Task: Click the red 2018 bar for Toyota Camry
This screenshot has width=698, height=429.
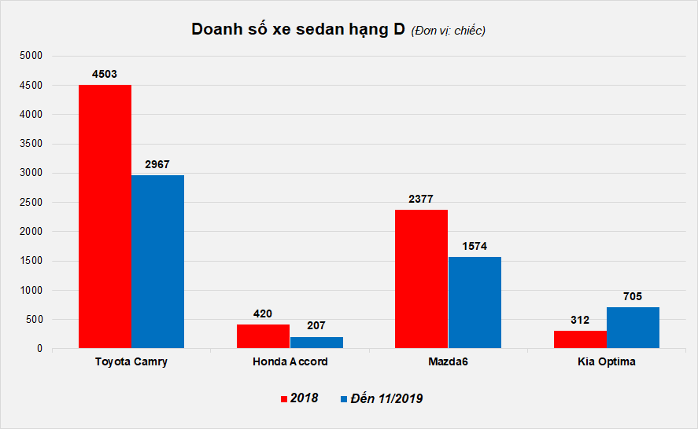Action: (x=105, y=216)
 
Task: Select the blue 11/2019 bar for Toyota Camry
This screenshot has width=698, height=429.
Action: (x=157, y=262)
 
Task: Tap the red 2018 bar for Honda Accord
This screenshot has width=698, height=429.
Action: (x=263, y=336)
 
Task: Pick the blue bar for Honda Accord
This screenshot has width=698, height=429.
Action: (x=316, y=343)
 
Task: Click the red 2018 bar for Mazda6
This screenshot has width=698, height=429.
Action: (x=421, y=279)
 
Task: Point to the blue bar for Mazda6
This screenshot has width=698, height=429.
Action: (x=475, y=302)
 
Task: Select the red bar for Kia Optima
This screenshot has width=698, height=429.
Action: (x=580, y=339)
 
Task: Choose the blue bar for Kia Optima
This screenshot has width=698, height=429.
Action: (x=633, y=328)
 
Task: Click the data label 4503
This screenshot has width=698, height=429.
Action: (x=104, y=74)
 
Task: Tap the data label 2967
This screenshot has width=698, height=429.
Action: (x=157, y=164)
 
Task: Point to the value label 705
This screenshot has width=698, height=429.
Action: (x=633, y=296)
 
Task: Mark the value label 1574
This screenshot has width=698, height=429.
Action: (x=474, y=246)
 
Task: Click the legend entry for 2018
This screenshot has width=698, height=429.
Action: (x=300, y=398)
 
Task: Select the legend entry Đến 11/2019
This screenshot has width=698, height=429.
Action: (x=382, y=398)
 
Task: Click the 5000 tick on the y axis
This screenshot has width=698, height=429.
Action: (x=31, y=56)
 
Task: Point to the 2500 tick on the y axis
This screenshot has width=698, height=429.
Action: (x=31, y=202)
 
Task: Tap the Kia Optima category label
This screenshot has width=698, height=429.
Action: (x=606, y=362)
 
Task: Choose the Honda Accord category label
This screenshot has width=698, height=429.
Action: (x=290, y=362)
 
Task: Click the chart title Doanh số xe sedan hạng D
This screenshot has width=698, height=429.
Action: (x=298, y=30)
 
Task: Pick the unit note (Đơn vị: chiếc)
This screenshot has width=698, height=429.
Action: (x=448, y=31)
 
